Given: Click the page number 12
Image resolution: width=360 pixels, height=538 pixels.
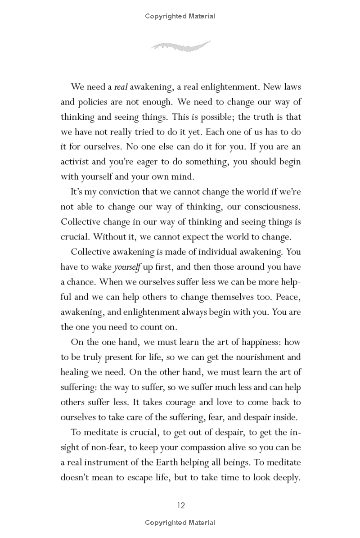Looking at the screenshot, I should coord(180,505).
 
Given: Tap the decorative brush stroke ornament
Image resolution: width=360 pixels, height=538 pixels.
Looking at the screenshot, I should coord(180,45).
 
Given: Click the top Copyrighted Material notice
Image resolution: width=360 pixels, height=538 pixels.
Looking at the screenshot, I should coord(180,16).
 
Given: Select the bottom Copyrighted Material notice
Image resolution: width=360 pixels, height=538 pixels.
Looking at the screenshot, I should coord(180,523).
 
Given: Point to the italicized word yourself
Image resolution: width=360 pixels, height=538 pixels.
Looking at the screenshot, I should coord(127,267).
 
